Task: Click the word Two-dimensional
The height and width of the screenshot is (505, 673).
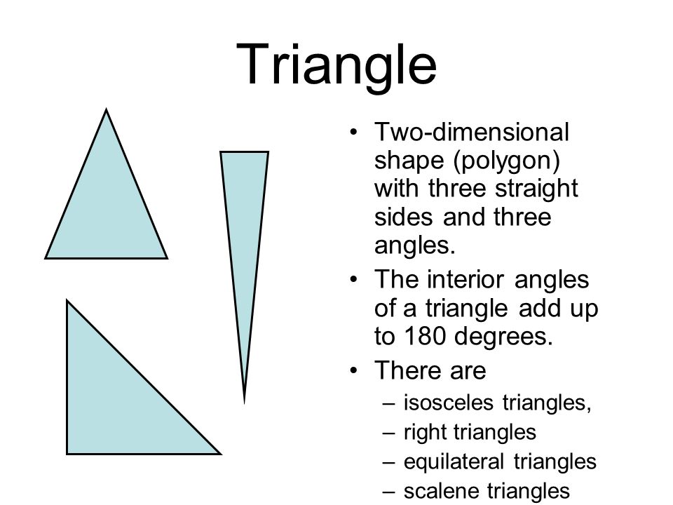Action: [472, 132]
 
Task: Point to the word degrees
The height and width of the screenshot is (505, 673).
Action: [503, 337]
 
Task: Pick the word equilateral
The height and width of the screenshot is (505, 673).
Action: [454, 462]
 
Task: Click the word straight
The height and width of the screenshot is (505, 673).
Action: [536, 189]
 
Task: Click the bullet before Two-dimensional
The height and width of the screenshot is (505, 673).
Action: [353, 132]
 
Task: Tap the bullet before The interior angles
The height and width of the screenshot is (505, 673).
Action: [353, 280]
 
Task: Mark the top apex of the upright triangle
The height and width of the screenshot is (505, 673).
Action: [106, 110]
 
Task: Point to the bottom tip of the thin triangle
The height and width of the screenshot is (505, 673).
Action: [244, 403]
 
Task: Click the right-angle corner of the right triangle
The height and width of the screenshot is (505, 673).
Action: [67, 454]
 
